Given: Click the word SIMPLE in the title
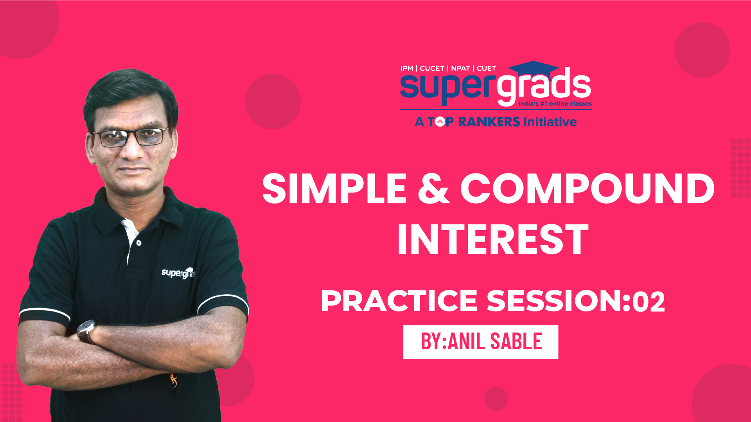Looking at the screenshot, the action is (x=334, y=189).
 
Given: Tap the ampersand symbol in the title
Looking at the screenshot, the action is (x=433, y=189).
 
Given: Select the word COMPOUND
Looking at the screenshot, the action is (x=588, y=189).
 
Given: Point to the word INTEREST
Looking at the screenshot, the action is (x=493, y=240).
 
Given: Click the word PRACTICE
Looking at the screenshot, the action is (x=399, y=301).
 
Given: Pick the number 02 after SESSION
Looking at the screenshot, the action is (x=649, y=301).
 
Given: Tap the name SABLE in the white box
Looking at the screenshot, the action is (x=516, y=342).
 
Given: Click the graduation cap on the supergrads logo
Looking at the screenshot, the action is (x=534, y=70).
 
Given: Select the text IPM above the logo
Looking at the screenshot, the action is (x=407, y=68).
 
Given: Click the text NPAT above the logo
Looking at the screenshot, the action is (x=460, y=68).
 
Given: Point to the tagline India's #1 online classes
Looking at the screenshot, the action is (x=555, y=104).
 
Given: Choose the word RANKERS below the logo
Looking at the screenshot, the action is (x=489, y=122).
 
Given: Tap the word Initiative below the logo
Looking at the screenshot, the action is (x=550, y=122).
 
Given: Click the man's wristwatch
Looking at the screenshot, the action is (x=87, y=331).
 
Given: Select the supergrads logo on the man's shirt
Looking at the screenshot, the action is (x=178, y=273).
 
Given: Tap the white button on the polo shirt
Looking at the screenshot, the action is (x=139, y=243).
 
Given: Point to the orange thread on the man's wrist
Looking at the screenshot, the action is (x=173, y=379).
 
